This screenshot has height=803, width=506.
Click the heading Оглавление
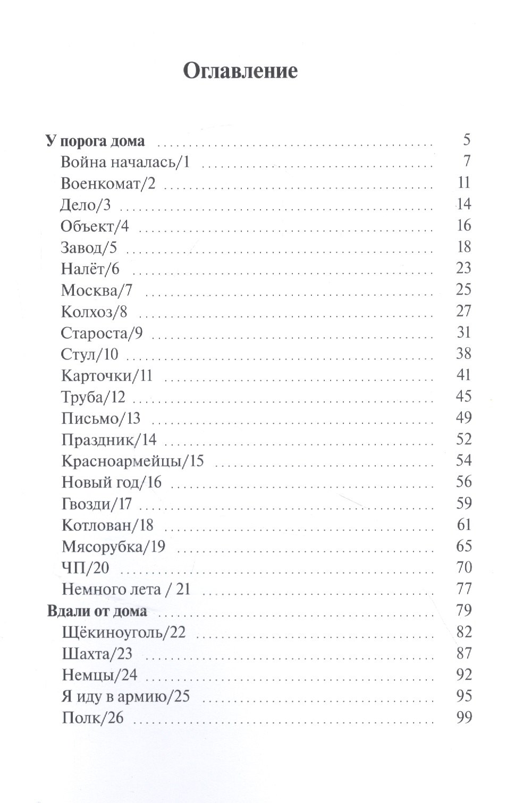tap(240, 71)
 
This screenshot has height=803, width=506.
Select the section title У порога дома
tap(95, 141)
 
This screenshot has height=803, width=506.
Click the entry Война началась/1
tap(125, 162)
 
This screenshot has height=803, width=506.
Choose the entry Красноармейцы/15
tap(132, 461)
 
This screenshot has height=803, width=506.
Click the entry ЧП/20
tap(86, 568)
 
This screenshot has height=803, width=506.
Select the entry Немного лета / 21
tap(125, 590)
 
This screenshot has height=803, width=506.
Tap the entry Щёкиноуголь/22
tap(123, 633)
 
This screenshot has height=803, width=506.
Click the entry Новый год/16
tap(112, 483)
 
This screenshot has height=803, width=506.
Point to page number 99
tap(463, 717)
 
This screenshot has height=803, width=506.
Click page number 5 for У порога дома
tap(467, 141)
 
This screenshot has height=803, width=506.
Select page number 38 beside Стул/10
tap(463, 354)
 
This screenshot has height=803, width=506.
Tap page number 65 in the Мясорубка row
tap(463, 546)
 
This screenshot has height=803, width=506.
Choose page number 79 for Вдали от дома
tap(463, 610)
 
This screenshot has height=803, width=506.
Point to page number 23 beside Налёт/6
tap(463, 268)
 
